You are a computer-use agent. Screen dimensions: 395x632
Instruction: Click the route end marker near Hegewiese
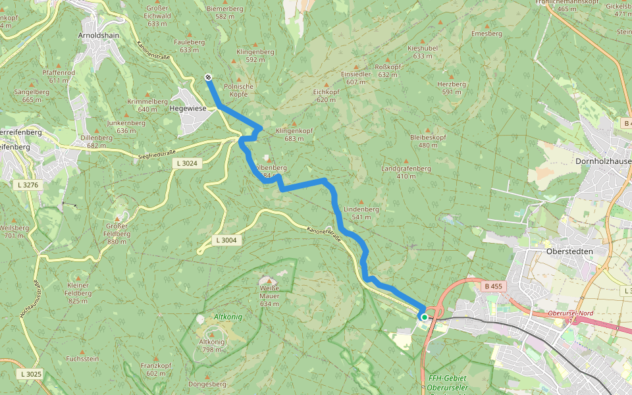(x=208, y=77)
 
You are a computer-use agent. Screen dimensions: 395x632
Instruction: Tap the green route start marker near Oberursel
(x=425, y=317)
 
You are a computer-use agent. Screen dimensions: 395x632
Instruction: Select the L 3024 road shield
(x=186, y=163)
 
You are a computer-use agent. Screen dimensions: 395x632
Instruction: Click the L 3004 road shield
(x=226, y=240)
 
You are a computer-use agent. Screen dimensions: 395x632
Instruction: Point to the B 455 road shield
(x=493, y=286)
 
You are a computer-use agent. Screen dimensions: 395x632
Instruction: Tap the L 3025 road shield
(x=31, y=374)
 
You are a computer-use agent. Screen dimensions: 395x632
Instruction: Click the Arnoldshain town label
(x=98, y=34)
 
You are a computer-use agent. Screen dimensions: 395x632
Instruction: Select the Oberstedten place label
(x=570, y=251)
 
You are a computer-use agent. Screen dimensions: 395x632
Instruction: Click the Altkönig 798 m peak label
(x=211, y=346)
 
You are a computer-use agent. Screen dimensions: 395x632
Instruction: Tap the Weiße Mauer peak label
(x=270, y=292)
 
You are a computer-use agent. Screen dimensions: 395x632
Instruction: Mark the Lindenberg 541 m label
(x=361, y=213)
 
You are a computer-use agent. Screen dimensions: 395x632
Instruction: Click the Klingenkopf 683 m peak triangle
(x=294, y=123)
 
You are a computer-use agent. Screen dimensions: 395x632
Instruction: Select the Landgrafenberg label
(x=406, y=172)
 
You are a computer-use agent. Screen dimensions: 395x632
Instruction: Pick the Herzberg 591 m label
(x=452, y=88)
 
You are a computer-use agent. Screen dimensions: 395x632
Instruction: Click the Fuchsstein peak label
(x=82, y=359)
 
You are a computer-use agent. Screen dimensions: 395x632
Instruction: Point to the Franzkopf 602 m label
(x=156, y=369)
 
